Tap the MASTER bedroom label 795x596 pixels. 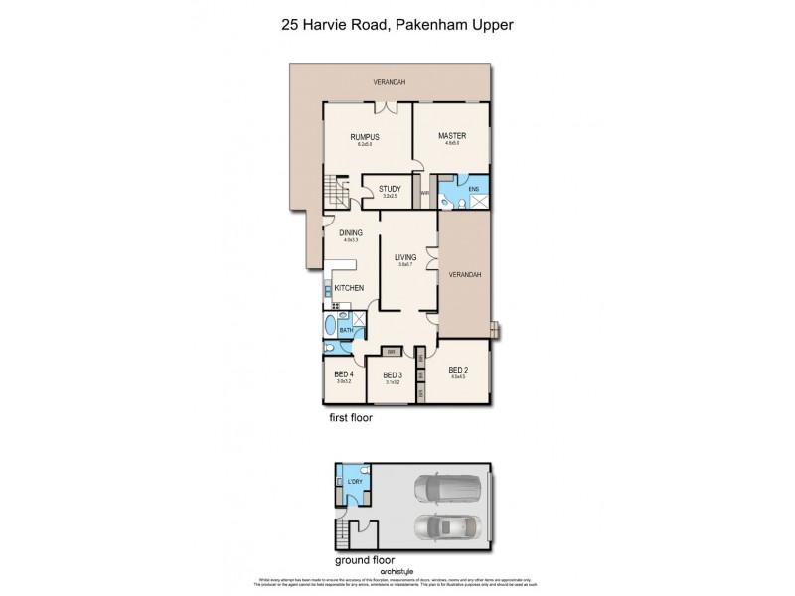[451, 136]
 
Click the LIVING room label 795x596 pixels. [403, 257]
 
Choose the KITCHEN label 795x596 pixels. [349, 288]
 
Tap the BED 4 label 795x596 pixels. [344, 374]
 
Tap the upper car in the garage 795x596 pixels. [447, 490]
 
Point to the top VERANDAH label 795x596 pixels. [389, 81]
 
